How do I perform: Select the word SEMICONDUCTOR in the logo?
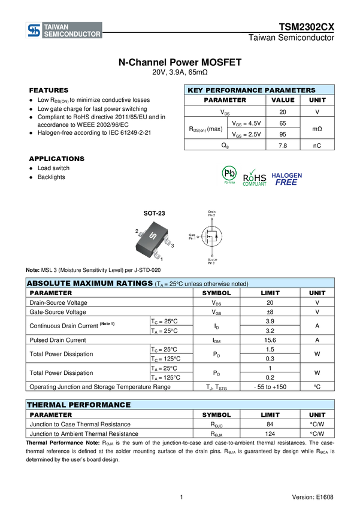[x=72, y=35]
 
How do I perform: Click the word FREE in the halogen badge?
[x=286, y=182]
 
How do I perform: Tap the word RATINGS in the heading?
[x=134, y=283]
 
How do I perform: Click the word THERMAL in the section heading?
[x=46, y=405]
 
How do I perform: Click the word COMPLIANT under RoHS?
[x=254, y=184]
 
